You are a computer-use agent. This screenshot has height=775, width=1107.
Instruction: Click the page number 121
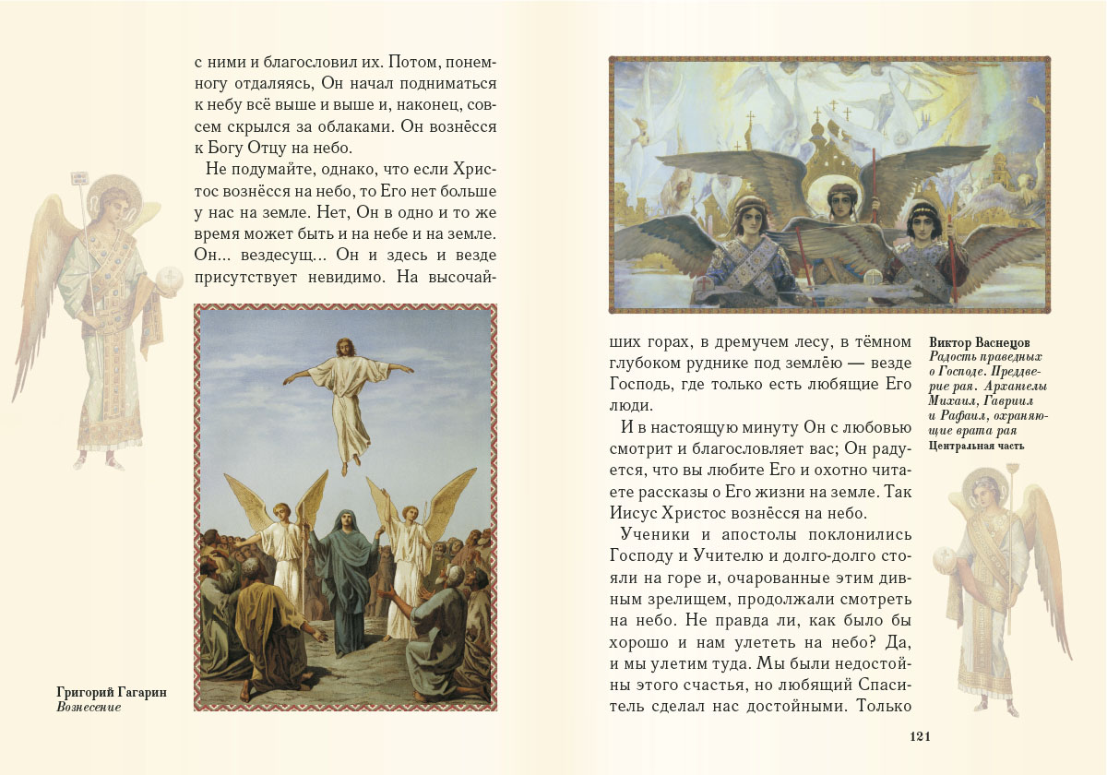(923, 735)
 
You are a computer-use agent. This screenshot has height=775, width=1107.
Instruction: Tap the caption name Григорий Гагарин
(112, 691)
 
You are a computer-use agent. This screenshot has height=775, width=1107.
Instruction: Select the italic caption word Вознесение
(89, 707)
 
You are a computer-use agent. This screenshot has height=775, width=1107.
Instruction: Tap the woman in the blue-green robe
(344, 572)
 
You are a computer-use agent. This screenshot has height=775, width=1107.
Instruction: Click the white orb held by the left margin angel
(171, 277)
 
